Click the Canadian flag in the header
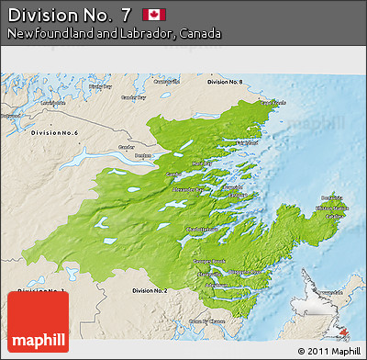153,14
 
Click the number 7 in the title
125,14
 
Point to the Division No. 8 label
225,82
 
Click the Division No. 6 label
54,134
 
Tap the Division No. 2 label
150,290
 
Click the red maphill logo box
37,321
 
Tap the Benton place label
143,155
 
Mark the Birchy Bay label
100,87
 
